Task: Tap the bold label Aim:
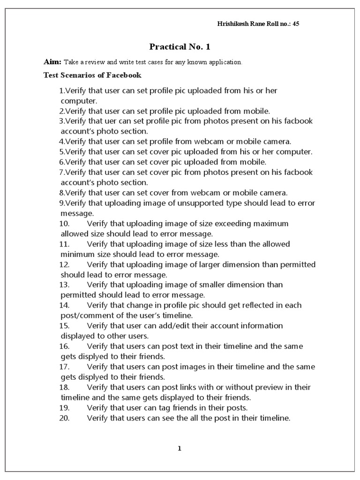[52, 62]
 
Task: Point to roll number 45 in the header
[296, 24]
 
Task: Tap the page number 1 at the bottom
[179, 449]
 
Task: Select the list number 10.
[64, 224]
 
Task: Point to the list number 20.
[64, 418]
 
